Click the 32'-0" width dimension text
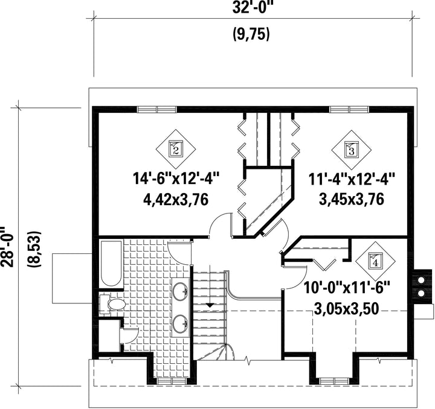tap(251, 7)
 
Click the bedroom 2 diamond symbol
tap(175, 149)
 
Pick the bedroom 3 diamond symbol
tap(352, 150)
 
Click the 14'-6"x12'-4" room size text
tap(176, 179)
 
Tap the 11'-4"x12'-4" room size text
tap(352, 179)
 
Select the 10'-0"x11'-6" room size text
tap(347, 288)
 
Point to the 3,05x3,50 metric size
tap(347, 309)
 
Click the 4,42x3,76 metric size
tap(176, 200)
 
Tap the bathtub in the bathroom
tap(111, 264)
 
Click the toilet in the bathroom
tap(112, 305)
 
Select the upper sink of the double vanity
tap(181, 291)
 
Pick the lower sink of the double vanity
tap(181, 323)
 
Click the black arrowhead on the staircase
tap(210, 305)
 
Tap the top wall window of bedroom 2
tap(156, 109)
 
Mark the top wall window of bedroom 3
tap(349, 109)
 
